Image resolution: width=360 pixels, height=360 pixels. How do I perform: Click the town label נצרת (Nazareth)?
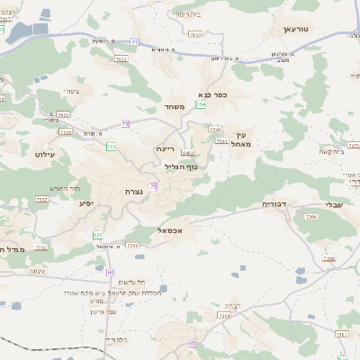[134, 192]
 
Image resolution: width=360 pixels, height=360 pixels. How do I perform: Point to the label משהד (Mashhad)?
[175, 107]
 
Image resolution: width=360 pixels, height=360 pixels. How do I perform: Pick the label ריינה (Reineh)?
[164, 148]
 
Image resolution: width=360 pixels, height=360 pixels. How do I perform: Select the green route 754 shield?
[200, 105]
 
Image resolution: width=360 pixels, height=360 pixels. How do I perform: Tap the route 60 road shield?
[111, 271]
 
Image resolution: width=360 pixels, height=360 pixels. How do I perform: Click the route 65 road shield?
[193, 343]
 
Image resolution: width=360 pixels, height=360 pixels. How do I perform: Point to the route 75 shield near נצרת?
[154, 186]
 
